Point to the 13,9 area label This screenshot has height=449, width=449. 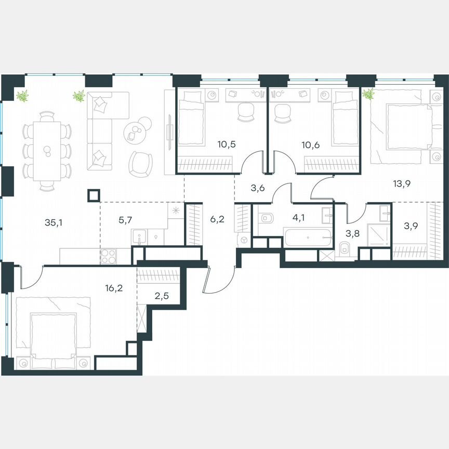point(400,182)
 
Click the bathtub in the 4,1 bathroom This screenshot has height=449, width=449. point(308,237)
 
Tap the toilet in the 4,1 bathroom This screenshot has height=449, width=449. point(265,218)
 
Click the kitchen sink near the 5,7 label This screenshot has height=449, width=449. point(139,237)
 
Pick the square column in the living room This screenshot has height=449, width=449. point(94,195)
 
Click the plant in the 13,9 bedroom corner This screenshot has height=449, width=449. point(368,94)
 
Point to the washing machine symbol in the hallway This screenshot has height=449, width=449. point(244,240)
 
